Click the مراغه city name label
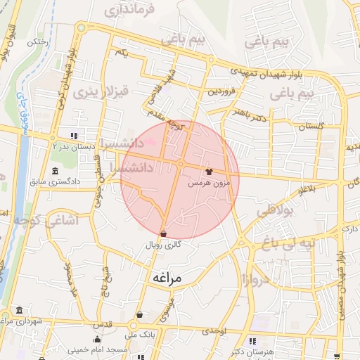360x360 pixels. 166,278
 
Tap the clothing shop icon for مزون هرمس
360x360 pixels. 208,171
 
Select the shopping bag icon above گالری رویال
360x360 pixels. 163,233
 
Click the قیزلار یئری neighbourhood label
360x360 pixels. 103,91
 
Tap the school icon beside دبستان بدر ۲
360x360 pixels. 74,135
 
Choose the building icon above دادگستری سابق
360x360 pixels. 56,172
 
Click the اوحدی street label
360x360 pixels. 213,330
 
